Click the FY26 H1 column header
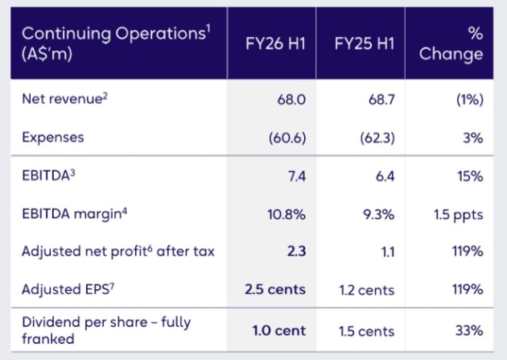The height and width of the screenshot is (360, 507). coord(275,43)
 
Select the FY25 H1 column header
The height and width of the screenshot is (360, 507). coord(365,43)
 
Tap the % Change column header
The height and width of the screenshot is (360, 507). coord(451,43)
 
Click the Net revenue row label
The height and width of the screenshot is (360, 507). coord(64,98)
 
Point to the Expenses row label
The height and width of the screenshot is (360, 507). coord(53,138)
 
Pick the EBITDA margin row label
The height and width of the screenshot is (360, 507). coord(74,213)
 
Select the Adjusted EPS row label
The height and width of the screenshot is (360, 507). coord(68,289)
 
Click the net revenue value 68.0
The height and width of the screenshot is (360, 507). coord(291,99)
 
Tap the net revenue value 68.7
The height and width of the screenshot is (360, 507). coord(381,99)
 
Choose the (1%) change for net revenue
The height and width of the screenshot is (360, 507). coord(470,99)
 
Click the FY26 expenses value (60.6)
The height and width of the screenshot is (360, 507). coord(287,138)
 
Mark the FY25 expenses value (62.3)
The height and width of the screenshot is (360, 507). coord(377,138)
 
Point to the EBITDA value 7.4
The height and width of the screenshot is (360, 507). coord(297,176)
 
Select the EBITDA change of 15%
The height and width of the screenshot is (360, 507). coord(470,176)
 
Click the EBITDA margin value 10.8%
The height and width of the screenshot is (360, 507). coord(286,214)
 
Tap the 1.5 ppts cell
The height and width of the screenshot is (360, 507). coord(459,215)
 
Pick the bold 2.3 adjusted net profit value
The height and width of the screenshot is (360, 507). coord(296,251)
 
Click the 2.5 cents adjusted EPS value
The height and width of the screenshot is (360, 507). coord(275,289)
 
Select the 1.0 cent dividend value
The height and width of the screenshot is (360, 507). coord(279,330)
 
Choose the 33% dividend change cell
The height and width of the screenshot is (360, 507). coord(469,330)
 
